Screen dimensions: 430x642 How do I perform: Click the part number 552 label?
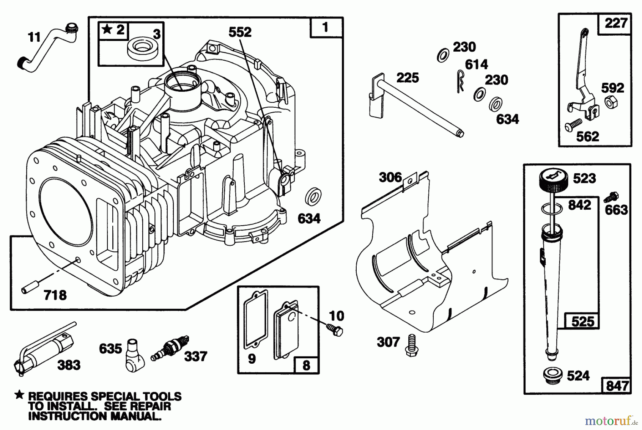tap(240, 32)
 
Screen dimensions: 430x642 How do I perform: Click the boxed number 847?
tap(617, 386)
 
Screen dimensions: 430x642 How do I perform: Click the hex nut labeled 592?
tap(610, 102)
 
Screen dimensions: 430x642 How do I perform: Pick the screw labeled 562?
tap(573, 125)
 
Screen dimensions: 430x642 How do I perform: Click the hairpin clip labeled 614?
tap(460, 81)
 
